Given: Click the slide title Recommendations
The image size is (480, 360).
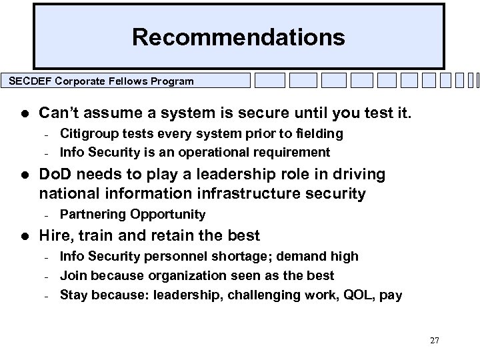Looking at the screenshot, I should [239, 37].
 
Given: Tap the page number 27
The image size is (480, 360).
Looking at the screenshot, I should [435, 340].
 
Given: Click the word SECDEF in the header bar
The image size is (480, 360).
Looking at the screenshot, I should [29, 81].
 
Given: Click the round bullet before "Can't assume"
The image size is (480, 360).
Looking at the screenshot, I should [23, 113].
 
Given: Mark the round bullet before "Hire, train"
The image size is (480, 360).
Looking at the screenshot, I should [23, 235].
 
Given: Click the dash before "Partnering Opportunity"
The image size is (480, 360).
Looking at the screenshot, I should [43, 215].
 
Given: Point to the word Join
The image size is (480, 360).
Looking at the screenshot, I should [72, 275].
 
